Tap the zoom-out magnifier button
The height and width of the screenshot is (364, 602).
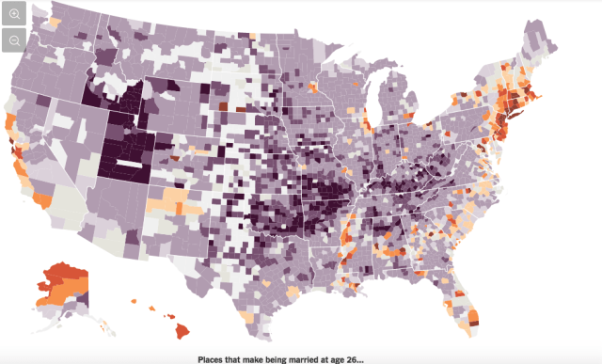coord(15,40)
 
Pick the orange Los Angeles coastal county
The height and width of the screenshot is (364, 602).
coord(42,199)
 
